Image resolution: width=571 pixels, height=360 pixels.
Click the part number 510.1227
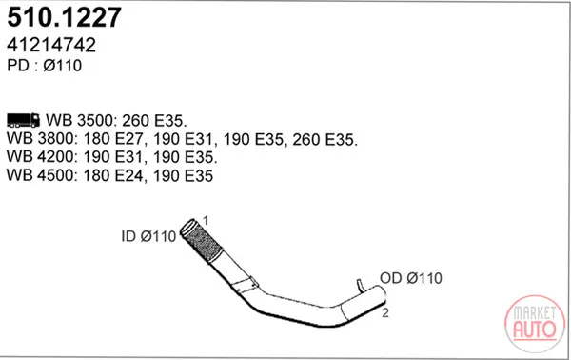tap(64, 17)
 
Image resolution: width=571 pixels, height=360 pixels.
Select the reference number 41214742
tap(51, 45)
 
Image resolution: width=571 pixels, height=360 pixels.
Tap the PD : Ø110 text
tap(45, 66)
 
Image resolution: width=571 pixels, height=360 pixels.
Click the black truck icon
tap(23, 120)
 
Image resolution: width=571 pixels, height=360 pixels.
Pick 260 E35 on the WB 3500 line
tap(154, 120)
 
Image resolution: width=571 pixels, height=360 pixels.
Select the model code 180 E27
tap(115, 139)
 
